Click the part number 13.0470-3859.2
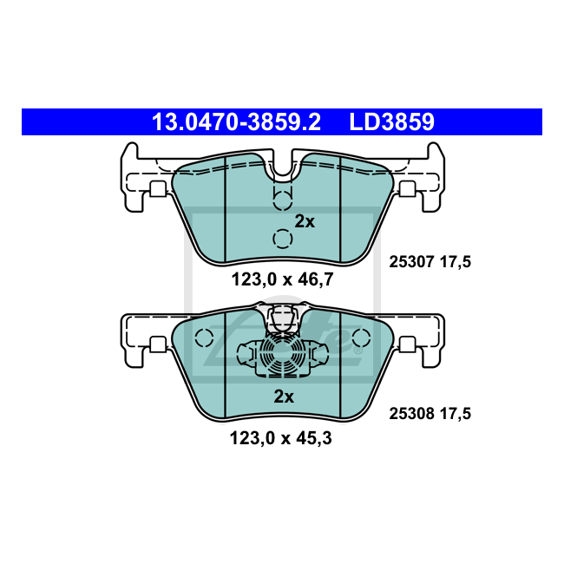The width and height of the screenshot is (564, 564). (x=236, y=122)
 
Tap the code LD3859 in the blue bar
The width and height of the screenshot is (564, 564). (x=391, y=122)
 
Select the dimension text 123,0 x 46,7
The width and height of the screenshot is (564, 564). (x=282, y=279)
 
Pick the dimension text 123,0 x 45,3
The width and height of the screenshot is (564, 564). (x=281, y=438)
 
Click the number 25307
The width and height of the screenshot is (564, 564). (x=412, y=262)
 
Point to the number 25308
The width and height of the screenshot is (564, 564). (x=412, y=414)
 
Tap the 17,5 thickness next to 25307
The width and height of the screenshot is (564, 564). (x=456, y=262)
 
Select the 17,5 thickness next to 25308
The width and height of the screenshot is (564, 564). (x=456, y=414)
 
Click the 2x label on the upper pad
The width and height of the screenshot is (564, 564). (x=305, y=221)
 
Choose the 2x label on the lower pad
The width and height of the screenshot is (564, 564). (x=284, y=397)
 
